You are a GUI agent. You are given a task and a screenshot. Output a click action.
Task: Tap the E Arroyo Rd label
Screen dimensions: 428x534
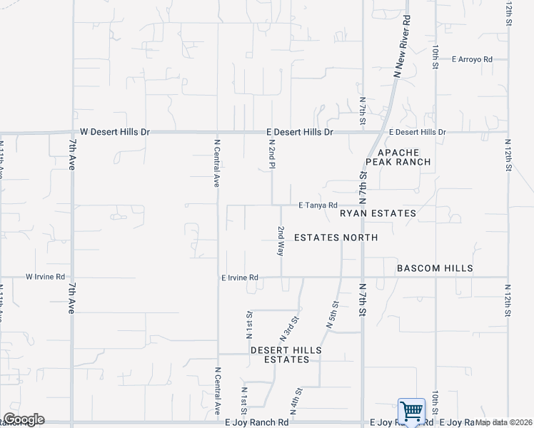point(472,59)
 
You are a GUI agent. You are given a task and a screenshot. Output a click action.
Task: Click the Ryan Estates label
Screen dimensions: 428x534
point(378,213)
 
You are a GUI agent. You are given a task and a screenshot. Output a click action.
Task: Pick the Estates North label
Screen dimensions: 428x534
point(336,237)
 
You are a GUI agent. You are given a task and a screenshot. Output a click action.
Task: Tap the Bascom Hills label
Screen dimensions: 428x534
point(435,268)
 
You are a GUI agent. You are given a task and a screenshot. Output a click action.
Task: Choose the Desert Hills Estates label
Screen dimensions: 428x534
point(286,355)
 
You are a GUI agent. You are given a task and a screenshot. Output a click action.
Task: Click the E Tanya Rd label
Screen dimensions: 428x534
point(318,205)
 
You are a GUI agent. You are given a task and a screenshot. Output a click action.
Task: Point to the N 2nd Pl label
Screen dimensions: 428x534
point(272,154)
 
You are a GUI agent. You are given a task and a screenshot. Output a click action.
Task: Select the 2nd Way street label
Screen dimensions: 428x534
point(281,242)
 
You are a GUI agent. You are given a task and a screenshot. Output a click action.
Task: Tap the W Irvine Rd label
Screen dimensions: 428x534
point(46,277)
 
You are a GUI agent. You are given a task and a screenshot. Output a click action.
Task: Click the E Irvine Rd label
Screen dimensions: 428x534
point(239,277)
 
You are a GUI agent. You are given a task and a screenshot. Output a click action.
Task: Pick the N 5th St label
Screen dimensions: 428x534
point(333,315)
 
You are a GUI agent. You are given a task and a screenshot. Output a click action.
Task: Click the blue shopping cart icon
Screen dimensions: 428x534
point(411,412)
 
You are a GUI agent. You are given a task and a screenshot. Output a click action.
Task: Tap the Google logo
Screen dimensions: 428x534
point(24,419)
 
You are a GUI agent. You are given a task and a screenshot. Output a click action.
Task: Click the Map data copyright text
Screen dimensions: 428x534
point(504,422)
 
